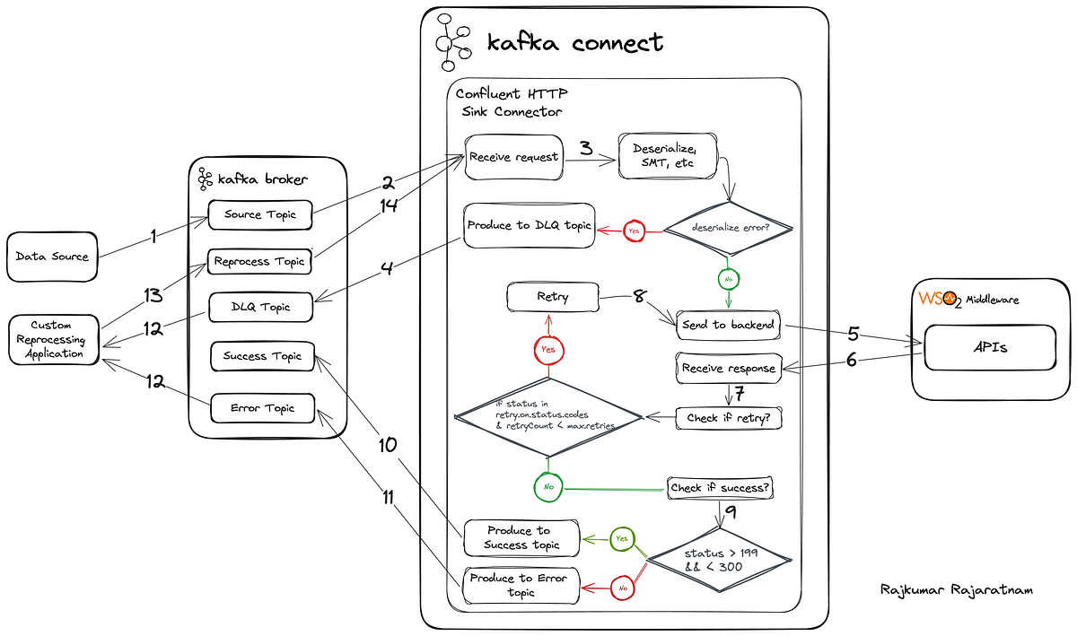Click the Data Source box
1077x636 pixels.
click(x=52, y=257)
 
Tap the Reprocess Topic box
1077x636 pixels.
click(x=260, y=262)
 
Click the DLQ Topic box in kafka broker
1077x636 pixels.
click(x=260, y=308)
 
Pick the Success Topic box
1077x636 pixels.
click(x=262, y=356)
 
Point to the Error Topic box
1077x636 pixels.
click(x=263, y=408)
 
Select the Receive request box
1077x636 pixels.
click(x=513, y=157)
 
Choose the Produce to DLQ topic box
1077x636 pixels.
click(x=529, y=225)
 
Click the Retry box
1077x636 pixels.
click(x=552, y=297)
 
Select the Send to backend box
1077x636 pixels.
click(x=728, y=324)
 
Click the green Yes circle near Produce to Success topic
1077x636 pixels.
click(x=621, y=538)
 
